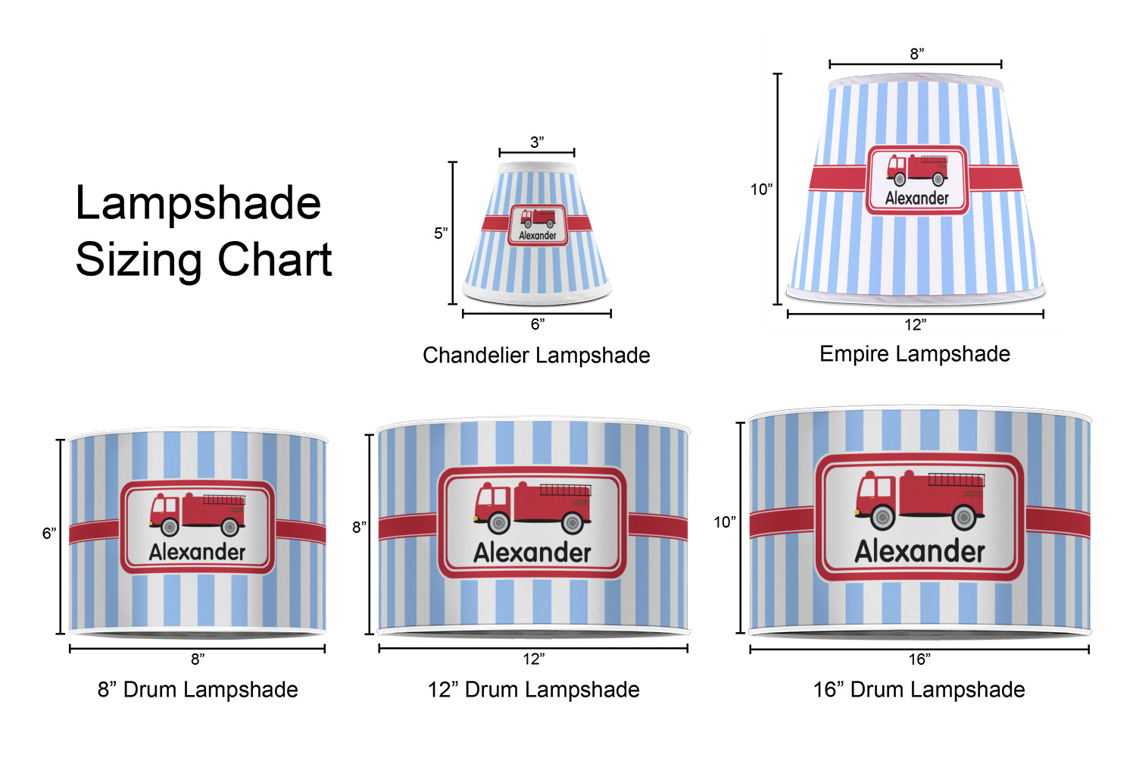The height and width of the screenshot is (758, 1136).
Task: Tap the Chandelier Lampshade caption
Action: coord(536,356)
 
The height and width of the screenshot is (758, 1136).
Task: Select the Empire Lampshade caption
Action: coord(915,354)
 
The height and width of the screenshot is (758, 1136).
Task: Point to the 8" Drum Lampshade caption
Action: coord(198,690)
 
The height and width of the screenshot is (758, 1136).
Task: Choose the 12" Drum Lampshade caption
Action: coord(533,690)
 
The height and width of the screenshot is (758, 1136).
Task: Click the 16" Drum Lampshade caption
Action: coord(919,690)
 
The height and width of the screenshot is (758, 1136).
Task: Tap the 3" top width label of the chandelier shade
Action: coord(537,143)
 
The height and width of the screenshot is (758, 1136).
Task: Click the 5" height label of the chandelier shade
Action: coord(441,233)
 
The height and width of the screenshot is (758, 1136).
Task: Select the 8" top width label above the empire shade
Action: coord(917,54)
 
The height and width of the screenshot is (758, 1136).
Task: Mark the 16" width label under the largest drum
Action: coord(919,659)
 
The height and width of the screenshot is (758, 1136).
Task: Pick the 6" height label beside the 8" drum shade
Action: coord(49,534)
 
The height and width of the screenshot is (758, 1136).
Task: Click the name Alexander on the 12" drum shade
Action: coord(532,553)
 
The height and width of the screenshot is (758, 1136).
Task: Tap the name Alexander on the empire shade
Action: coord(917,199)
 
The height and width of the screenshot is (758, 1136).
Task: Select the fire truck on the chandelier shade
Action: coord(538,218)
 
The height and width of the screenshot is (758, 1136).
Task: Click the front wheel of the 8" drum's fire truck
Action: coord(170,526)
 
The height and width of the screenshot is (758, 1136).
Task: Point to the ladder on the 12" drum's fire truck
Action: coord(565,490)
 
